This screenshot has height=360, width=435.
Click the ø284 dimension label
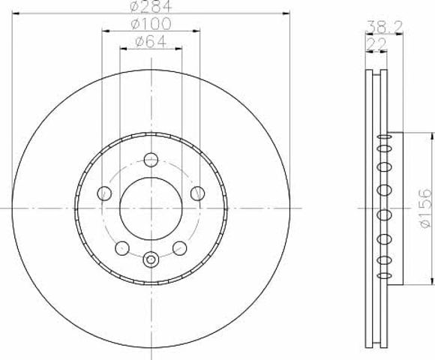click(151, 6)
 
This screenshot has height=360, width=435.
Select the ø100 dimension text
click(151, 24)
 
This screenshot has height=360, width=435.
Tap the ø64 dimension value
click(151, 42)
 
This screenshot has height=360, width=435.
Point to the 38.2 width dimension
click(384, 27)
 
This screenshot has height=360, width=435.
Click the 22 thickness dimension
click(376, 44)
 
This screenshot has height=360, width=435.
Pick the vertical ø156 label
click(426, 208)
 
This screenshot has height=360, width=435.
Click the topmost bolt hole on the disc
click(151, 160)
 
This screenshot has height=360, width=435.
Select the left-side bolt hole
click(104, 193)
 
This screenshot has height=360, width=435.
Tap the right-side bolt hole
click(197, 193)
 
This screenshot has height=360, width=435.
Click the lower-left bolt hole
click(122, 248)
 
